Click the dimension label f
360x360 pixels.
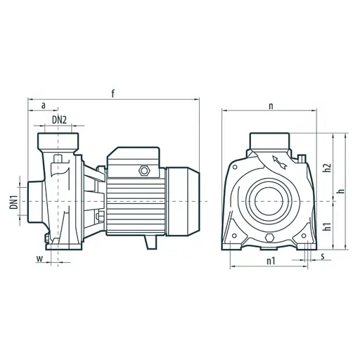coord(113,94)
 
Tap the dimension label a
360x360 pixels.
coord(44,105)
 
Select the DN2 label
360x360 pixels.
coord(59,120)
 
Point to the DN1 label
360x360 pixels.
coord(14,202)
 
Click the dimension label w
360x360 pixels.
coord(40,259)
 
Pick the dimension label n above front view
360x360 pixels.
coord(271,106)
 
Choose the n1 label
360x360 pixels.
coord(271,261)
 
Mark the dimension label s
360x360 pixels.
coord(323,256)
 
